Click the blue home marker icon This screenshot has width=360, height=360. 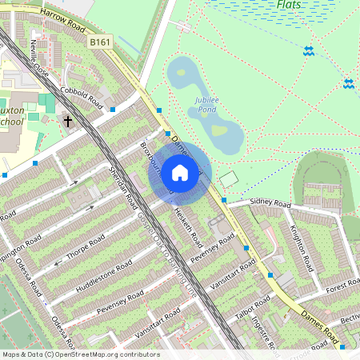coord(180,173)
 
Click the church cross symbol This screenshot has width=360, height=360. coord(68,122)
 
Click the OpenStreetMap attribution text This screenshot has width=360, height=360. coord(80,354)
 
